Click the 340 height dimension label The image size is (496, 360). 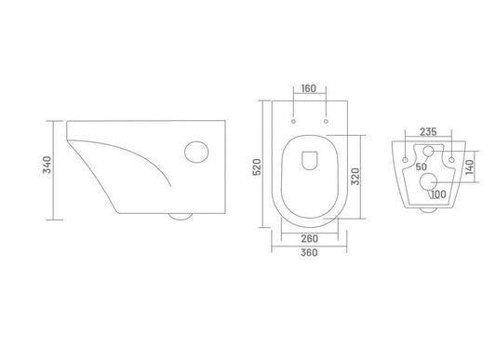(47, 165)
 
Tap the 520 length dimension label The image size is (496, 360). (257, 167)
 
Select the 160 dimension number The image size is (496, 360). (308, 88)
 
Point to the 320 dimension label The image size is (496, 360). (355, 177)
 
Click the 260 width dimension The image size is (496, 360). (309, 238)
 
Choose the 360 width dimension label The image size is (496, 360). (309, 253)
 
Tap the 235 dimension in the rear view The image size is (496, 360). (428, 131)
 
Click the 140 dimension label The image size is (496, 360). (470, 167)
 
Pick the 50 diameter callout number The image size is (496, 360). (422, 167)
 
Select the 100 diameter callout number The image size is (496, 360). (438, 194)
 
